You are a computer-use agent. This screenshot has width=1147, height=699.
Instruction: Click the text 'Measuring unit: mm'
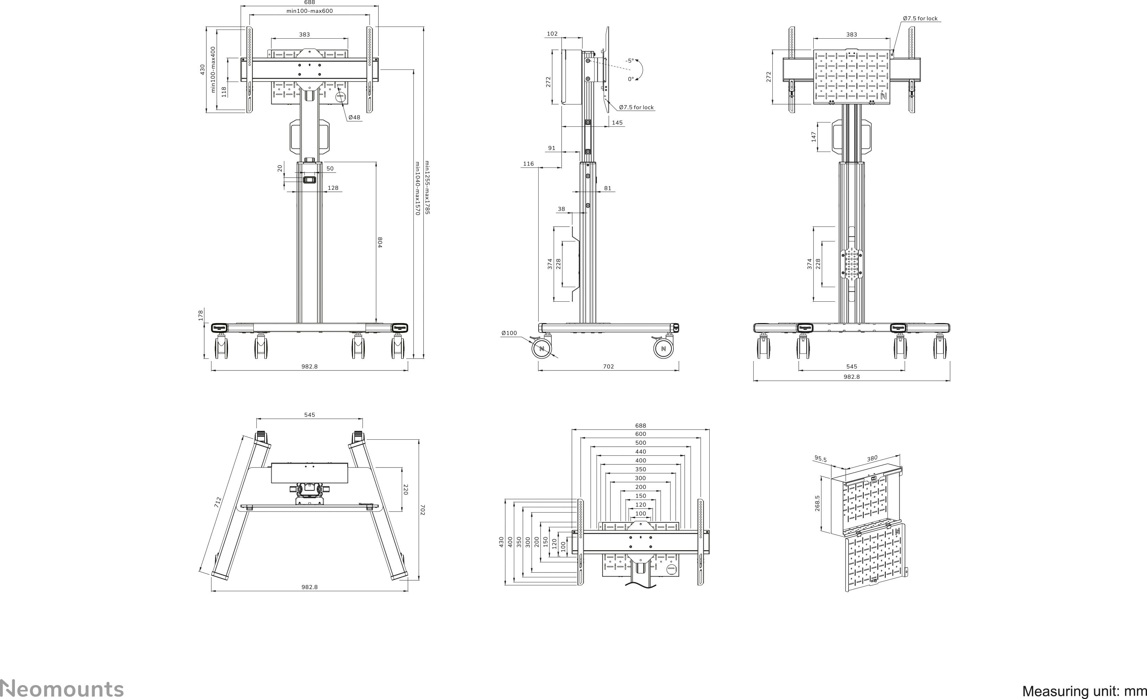1084,691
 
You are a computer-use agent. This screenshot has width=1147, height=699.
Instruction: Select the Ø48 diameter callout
354,117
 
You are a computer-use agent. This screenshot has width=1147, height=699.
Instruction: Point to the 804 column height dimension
380,242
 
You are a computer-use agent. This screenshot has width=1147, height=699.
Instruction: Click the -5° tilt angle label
629,61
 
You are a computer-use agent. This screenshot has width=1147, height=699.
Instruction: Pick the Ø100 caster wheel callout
509,333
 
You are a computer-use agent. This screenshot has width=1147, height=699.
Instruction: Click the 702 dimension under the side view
608,366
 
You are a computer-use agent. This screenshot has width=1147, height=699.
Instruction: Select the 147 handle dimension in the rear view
814,137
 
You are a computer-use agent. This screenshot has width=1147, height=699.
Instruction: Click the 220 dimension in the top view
405,490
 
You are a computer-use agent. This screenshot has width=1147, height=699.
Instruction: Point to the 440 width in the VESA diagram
641,451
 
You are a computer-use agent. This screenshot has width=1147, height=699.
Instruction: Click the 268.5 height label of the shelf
817,503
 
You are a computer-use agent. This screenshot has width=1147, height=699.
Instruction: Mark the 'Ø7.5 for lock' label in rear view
920,19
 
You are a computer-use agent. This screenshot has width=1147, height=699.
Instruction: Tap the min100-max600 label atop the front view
310,11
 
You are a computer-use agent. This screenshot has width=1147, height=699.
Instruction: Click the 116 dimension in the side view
528,163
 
